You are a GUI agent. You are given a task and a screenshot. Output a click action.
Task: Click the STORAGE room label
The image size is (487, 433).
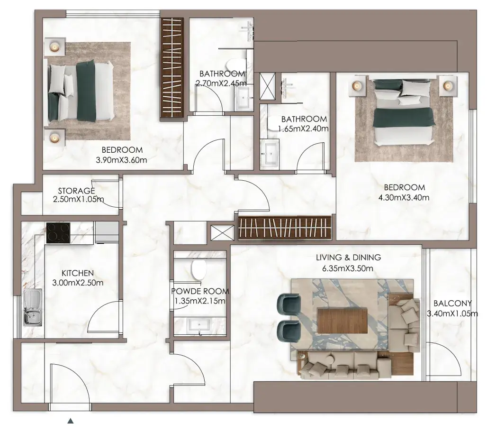tap(76, 191)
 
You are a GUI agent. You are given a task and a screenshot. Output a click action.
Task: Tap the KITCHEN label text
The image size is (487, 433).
tap(78, 273)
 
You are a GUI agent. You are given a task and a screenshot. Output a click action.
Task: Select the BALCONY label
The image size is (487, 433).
tap(452, 303)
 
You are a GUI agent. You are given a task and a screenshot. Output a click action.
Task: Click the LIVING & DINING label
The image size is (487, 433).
tap(349, 258)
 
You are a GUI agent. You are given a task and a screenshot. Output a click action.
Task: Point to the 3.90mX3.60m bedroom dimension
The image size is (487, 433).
tap(121, 160)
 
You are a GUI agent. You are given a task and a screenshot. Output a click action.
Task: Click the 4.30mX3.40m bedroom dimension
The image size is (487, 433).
tap(404, 197)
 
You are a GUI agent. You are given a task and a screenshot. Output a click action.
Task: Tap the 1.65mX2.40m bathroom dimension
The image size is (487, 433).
tap(303, 129)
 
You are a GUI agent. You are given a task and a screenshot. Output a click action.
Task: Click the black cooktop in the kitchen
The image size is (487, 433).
tap(58, 233)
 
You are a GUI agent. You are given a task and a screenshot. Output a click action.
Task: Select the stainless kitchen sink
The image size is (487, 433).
tap(33, 307)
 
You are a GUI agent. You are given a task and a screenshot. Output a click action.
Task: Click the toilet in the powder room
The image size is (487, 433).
tap(199, 269)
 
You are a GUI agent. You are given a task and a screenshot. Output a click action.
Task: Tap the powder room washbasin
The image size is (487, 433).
tap(199, 325)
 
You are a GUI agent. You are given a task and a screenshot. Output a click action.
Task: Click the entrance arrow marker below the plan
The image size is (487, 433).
tap(71, 421)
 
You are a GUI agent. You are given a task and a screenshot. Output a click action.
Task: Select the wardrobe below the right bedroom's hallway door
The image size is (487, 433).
tap(285, 228)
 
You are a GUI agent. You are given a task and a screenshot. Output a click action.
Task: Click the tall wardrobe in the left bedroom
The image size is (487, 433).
tap(172, 67)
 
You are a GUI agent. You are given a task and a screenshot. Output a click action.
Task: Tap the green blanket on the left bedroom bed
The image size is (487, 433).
tap(86, 91)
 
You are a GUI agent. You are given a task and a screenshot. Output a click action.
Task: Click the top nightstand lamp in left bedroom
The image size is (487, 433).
tap(54, 47)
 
